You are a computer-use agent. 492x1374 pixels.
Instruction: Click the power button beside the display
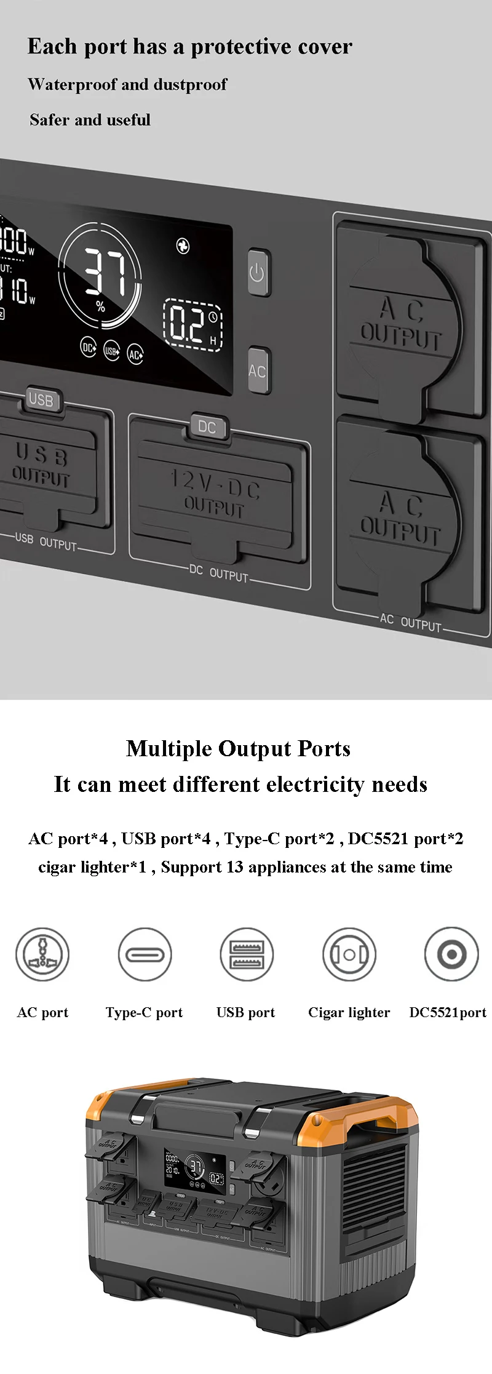tap(258, 272)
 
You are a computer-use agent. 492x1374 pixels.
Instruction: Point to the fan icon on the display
tap(183, 246)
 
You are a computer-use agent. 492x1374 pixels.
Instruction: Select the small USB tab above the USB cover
tap(42, 399)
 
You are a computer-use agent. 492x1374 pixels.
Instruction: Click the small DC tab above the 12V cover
tap(207, 426)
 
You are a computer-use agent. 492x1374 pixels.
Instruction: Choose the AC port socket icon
tap(42, 954)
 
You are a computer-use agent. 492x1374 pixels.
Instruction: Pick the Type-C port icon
tap(145, 954)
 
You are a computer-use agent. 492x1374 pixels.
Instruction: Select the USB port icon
tap(246, 954)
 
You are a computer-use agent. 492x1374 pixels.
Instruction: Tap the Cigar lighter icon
tap(349, 954)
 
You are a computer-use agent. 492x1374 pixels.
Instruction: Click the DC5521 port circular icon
tap(451, 954)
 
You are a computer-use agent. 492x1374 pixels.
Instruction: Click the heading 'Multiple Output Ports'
tap(238, 748)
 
